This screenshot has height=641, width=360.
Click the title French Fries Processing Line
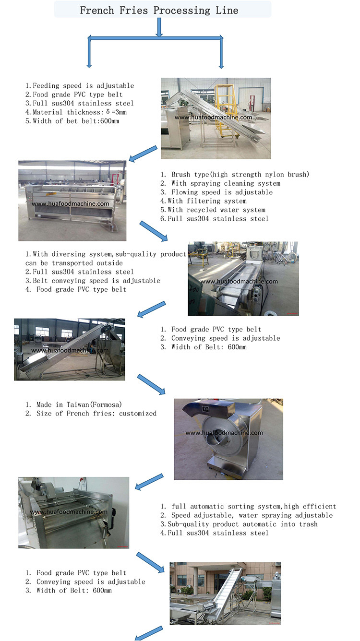point(159,10)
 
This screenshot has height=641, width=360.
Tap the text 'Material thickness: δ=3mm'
point(76,112)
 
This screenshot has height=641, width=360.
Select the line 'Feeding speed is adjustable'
point(80,85)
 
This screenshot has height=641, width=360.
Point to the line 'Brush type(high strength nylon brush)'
point(235,174)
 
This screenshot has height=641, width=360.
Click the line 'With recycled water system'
point(213,210)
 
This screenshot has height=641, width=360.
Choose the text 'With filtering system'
point(204,201)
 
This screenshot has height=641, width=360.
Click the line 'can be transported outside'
point(74,263)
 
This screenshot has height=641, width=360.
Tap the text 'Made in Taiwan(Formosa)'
point(73,404)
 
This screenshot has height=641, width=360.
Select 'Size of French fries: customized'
point(91,413)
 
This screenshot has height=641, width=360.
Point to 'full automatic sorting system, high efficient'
point(248,506)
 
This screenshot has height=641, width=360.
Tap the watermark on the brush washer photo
point(70,203)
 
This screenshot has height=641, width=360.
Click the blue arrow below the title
point(159,27)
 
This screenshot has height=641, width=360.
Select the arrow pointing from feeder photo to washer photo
point(143,154)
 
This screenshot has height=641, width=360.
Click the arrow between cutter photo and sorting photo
point(149,482)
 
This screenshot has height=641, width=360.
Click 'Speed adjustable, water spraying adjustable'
point(247,515)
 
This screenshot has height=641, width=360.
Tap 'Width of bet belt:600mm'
point(72,121)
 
